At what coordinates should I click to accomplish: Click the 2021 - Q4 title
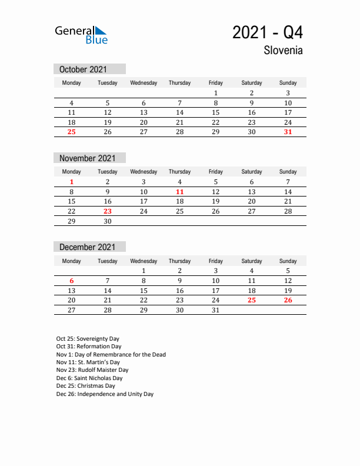(268, 32)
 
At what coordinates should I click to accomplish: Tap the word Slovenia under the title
(284, 51)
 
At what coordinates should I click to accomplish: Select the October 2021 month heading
(83, 69)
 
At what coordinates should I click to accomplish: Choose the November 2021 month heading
(86, 158)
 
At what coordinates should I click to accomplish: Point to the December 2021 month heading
(86, 247)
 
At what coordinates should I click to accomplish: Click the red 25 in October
(72, 132)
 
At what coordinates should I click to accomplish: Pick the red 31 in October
(288, 132)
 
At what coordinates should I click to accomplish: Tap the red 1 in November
(72, 182)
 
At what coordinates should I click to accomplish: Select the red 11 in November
(179, 192)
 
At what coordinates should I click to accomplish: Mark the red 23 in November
(108, 211)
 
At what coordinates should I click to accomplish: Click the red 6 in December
(72, 281)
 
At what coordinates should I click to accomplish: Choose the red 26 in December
(288, 300)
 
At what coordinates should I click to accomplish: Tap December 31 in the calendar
(215, 310)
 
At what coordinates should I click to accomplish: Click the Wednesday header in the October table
(144, 83)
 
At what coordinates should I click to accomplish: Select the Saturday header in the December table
(252, 261)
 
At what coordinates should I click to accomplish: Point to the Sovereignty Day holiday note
(88, 339)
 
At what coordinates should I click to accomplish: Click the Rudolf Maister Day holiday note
(92, 370)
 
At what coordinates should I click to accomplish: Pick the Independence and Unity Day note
(105, 394)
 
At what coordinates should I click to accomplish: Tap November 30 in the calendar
(108, 221)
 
